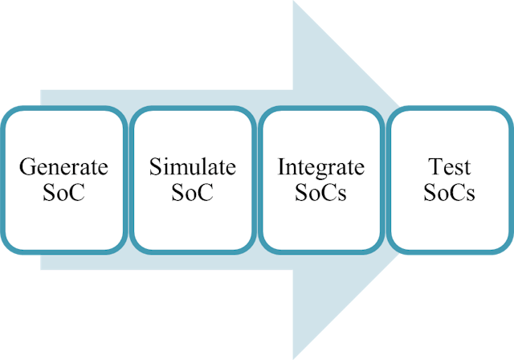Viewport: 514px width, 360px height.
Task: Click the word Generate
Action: click(63, 168)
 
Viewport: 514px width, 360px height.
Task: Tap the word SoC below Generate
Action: click(63, 193)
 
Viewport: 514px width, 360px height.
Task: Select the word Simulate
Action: click(193, 168)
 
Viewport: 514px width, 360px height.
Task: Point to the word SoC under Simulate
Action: click(193, 193)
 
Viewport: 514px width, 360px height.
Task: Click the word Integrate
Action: click(321, 168)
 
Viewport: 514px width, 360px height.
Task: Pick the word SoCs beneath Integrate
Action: click(321, 193)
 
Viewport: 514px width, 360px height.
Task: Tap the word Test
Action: click(450, 168)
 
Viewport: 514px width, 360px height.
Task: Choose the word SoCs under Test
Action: click(450, 193)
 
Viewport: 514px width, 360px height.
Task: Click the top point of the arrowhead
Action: click(294, 2)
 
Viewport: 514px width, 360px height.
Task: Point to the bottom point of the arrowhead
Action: click(294, 358)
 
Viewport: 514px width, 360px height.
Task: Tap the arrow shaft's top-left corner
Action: click(41, 91)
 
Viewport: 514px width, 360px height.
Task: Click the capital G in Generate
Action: click(26, 168)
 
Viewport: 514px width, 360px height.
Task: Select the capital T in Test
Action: click(434, 168)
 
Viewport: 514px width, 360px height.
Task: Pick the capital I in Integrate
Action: click(281, 168)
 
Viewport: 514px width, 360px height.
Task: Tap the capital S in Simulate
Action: click(154, 168)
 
